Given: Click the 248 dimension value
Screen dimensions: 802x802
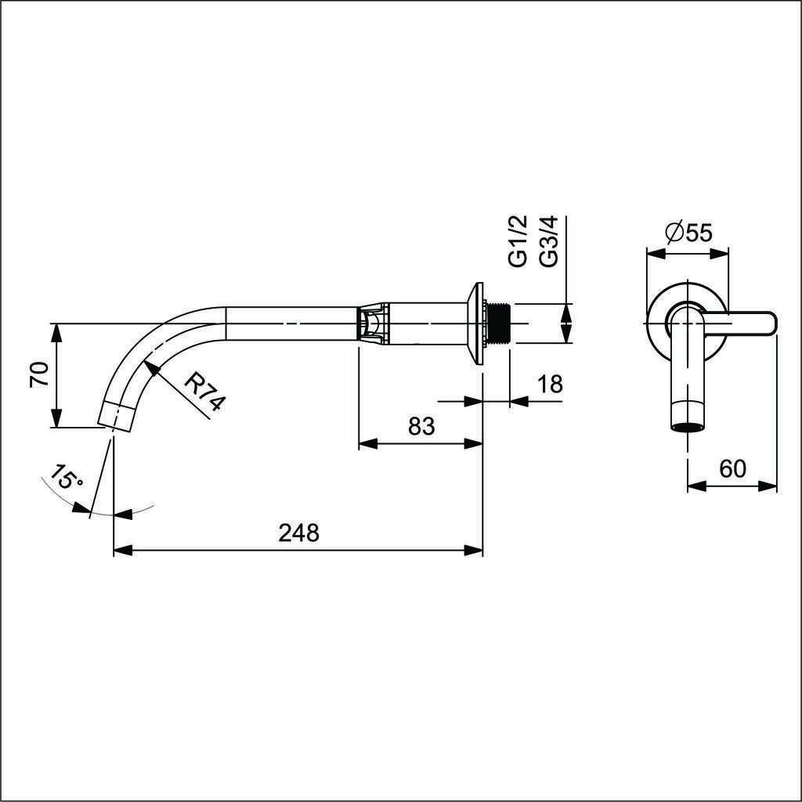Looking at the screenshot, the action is [x=298, y=533].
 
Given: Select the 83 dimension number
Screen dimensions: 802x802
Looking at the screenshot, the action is [x=421, y=425].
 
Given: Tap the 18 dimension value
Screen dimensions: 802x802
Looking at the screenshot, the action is [x=551, y=384].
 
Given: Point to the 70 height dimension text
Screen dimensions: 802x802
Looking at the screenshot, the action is [x=39, y=374].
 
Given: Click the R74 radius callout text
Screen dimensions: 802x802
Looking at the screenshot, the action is [x=204, y=392].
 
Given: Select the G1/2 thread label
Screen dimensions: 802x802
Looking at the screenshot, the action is [x=518, y=240].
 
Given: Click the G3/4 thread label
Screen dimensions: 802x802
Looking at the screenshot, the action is [x=548, y=240].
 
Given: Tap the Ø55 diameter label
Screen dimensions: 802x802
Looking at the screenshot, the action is [x=689, y=233].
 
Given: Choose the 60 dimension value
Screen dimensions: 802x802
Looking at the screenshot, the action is [x=732, y=468].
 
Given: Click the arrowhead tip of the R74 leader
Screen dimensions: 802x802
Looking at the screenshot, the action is [x=145, y=361].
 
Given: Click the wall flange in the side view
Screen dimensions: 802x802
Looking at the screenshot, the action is [x=475, y=323].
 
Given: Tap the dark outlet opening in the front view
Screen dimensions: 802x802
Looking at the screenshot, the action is [x=688, y=428].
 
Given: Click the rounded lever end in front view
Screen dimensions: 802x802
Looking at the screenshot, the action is [x=768, y=323].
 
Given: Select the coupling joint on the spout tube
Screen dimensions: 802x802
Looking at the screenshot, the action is [x=373, y=323].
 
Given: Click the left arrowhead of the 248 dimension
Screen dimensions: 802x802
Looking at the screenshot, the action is [x=121, y=551].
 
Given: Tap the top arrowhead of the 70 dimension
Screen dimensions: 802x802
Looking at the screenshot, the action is [x=56, y=333].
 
